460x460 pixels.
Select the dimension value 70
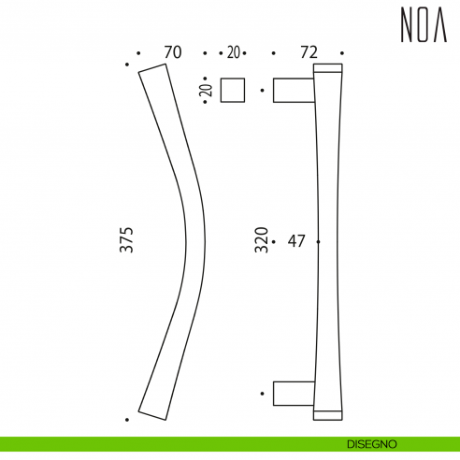tap(171, 53)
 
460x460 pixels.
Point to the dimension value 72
tap(309, 53)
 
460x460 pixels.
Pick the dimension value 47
tap(297, 241)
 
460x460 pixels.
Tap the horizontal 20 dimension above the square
tap(233, 53)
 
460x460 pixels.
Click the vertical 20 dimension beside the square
tap(207, 91)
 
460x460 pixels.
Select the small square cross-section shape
tap(233, 90)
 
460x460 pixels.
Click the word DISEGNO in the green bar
tap(377, 443)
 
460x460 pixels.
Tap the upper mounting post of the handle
tap(293, 90)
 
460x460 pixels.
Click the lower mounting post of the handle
tap(293, 394)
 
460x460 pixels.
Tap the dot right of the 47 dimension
tap(319, 241)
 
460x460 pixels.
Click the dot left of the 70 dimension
tap(138, 53)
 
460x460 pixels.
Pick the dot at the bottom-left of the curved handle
tap(126, 418)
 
